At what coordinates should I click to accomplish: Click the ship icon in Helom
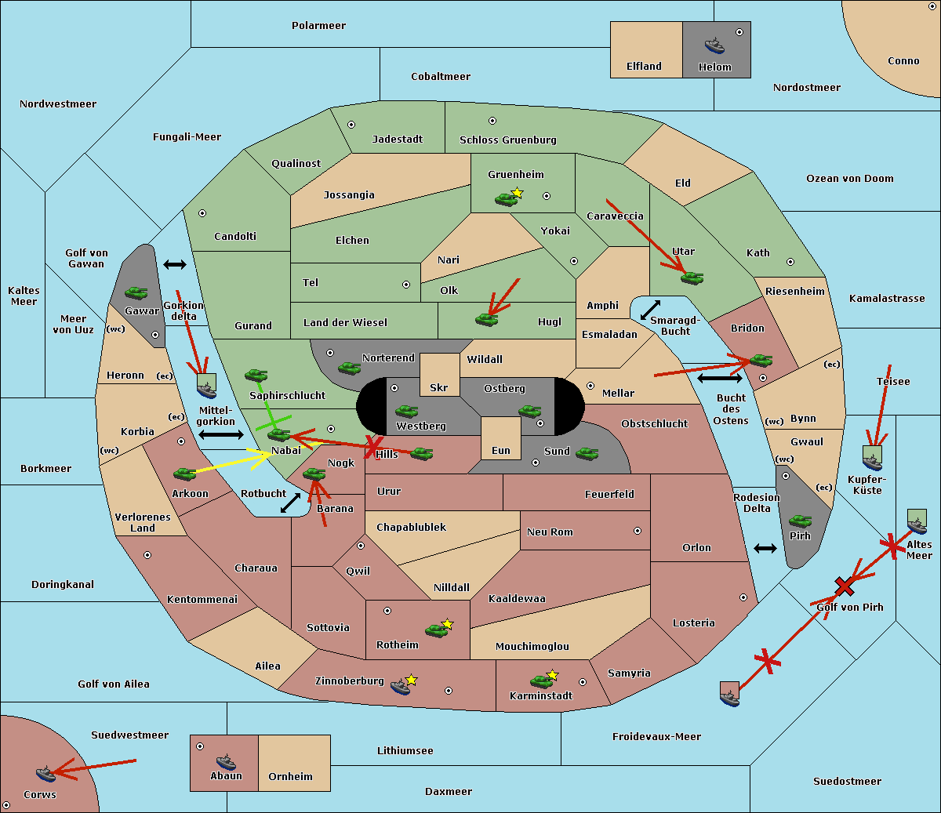point(714,45)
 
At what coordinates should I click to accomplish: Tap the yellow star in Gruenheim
point(518,193)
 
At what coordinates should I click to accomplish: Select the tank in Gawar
point(136,292)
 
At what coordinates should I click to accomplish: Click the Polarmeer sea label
point(318,26)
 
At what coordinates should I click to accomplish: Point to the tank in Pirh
point(800,521)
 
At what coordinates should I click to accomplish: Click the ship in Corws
point(45,774)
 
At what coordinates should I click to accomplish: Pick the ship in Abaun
point(226,761)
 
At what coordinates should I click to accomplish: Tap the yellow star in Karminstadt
point(552,674)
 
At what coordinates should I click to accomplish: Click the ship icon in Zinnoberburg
point(400,687)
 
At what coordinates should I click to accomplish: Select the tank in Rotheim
point(436,630)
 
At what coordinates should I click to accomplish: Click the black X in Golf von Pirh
point(845,586)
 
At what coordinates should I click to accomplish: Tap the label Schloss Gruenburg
point(508,140)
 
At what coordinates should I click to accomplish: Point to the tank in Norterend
point(349,368)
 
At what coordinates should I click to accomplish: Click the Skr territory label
point(439,387)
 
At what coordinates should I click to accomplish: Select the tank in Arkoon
point(185,474)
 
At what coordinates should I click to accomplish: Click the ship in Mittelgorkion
point(207,390)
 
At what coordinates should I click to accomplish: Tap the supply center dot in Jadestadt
point(351,125)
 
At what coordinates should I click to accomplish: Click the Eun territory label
point(501,450)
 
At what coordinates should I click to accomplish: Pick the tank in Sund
point(587,453)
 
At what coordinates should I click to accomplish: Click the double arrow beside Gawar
point(175,264)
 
